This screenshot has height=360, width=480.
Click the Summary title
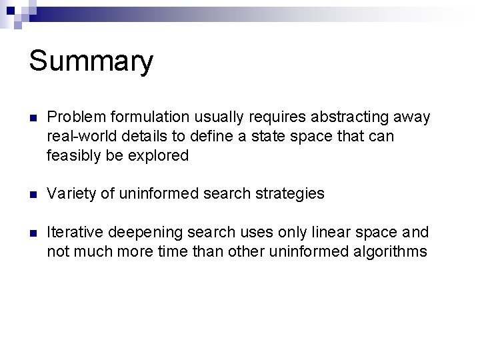coord(91,61)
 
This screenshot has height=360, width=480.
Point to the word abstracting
coord(343,117)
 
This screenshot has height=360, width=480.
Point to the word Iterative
coord(73,233)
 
